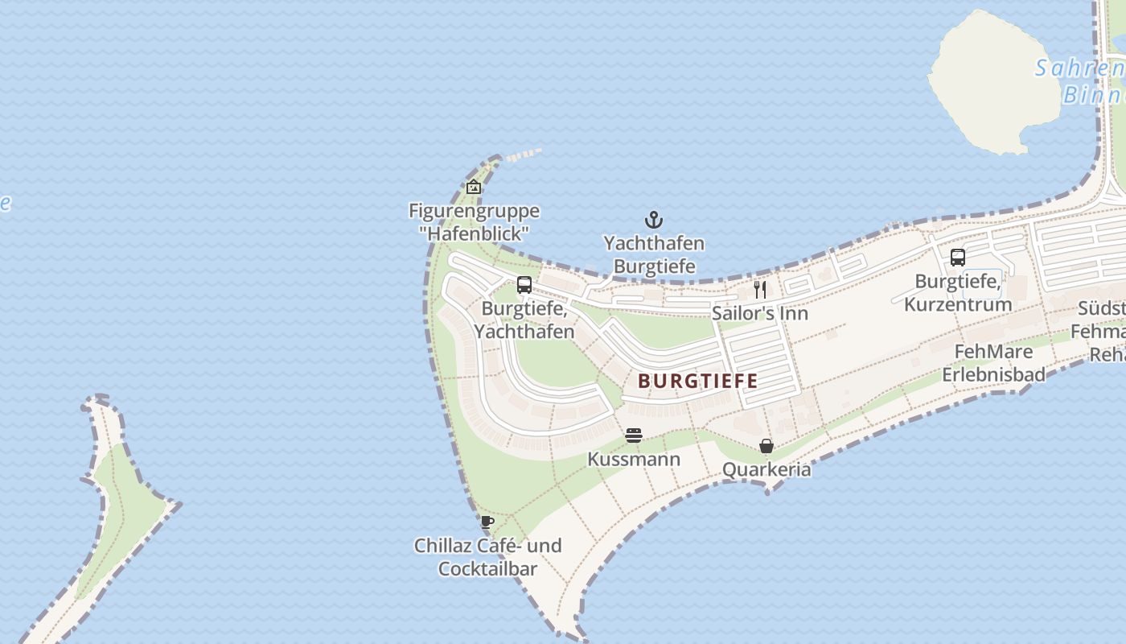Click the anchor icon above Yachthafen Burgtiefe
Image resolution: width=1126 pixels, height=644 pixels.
coord(654,219)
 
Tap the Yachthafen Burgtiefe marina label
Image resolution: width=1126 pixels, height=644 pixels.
coord(654,254)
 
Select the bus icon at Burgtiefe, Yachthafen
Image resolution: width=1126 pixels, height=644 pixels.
coord(524,284)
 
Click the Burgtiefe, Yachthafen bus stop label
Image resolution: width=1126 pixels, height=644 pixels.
coord(524,320)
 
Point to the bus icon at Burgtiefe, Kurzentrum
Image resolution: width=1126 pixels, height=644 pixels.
coord(957,258)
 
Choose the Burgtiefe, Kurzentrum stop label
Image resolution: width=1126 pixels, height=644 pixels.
coord(958,293)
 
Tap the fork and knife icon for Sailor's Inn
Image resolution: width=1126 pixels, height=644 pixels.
coord(760,289)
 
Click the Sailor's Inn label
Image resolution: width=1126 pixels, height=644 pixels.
coord(760,313)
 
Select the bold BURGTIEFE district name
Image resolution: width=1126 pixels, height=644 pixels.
coord(698,381)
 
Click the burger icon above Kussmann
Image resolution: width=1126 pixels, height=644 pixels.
coord(634,436)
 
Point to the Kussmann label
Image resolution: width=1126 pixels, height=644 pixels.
coord(634,460)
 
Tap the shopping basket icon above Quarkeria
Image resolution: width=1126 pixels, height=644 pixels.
coord(766,446)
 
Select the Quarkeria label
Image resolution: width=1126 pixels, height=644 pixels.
coord(766,469)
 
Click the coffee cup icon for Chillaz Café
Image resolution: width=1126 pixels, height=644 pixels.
coord(487,522)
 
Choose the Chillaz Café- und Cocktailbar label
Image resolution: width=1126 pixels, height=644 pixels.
coord(487,557)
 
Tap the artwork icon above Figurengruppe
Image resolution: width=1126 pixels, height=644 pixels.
coord(474,187)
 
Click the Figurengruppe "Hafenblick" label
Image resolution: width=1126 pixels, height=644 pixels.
coord(474,222)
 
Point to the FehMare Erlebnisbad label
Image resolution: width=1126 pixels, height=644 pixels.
coord(993,363)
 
